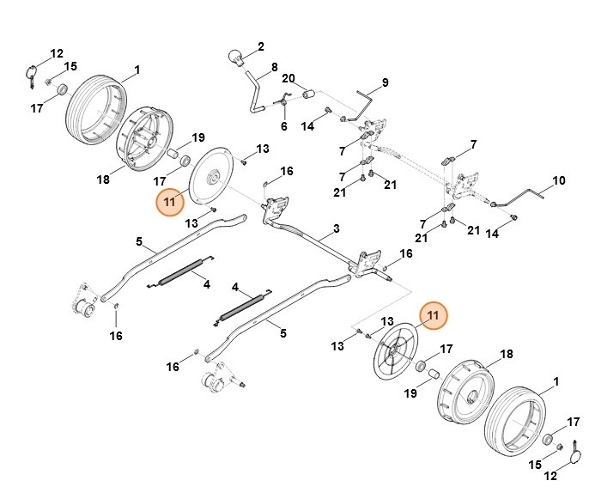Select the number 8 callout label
pos(275,67)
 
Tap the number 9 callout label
pos(386,82)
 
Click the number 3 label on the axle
pos(336,228)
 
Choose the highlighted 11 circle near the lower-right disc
pos(433,315)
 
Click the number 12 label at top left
pos(57,52)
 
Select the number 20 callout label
pos(288,78)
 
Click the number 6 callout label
pos(283,126)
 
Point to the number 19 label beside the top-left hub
pos(197,137)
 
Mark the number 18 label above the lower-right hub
pos(506,354)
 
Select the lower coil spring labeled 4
pos(240,306)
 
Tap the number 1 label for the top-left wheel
pos(136,69)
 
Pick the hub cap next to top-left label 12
pos(31,72)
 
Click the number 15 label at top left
pos(70,66)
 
